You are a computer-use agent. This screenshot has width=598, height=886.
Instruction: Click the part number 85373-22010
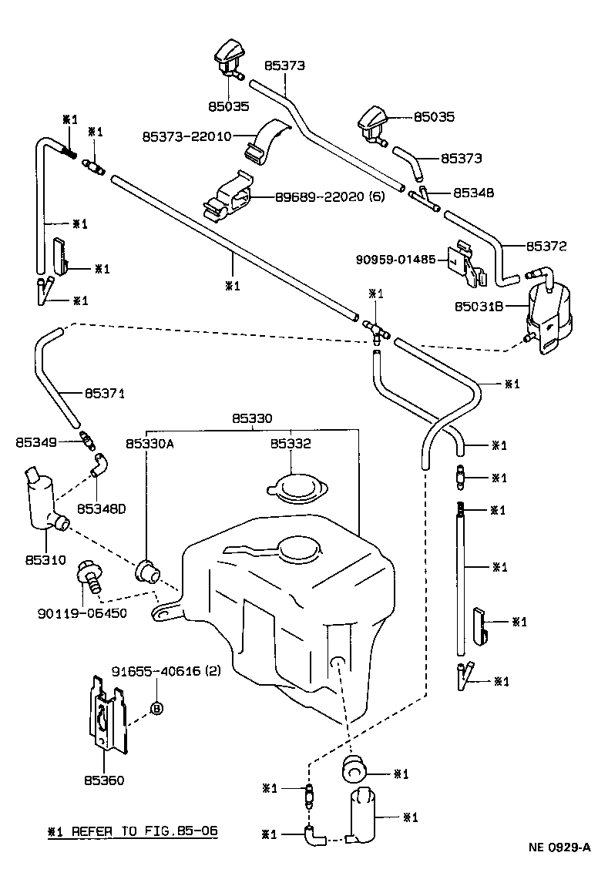coord(186,136)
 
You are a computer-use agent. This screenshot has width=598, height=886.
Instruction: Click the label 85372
coord(546,247)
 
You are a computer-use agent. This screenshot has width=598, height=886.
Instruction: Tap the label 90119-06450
coord(82,613)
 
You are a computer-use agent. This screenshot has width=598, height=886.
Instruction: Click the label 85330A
coord(150,444)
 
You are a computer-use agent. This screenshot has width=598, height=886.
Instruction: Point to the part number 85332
coord(291,444)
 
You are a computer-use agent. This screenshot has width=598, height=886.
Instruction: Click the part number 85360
coord(105,780)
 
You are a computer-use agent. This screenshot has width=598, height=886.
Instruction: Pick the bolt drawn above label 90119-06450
coord(88,577)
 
